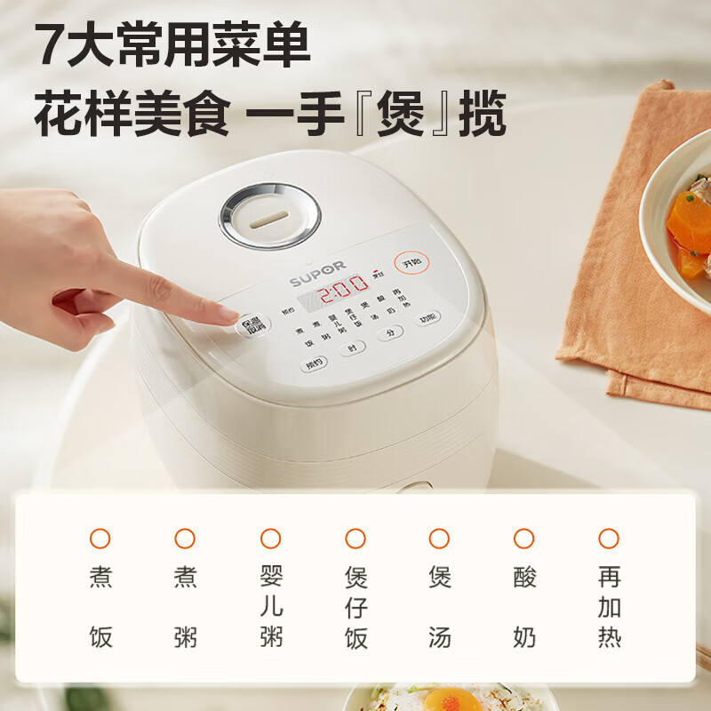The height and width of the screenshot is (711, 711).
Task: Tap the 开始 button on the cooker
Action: pos(411,262)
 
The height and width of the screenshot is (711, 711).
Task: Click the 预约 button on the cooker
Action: pos(315,362)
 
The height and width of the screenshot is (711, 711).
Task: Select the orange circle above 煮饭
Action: pos(100,538)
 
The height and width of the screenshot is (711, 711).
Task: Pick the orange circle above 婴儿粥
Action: pos(270,538)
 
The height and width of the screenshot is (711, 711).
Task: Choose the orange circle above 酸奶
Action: pos(524,538)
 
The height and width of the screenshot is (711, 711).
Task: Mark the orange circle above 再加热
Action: pos(609,538)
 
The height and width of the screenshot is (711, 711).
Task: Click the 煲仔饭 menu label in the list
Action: pos(355,608)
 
